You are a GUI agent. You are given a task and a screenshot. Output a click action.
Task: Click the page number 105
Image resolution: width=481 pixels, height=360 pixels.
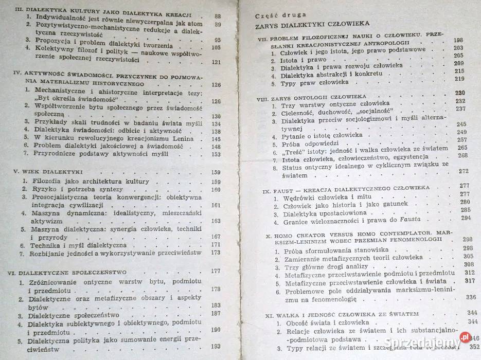pyautogui.click(x=216, y=48)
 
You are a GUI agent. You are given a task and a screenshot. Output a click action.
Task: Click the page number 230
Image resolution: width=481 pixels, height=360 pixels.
pyautogui.click(x=460, y=93)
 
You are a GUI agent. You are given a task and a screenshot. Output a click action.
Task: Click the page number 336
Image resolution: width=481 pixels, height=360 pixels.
pyautogui.click(x=470, y=297)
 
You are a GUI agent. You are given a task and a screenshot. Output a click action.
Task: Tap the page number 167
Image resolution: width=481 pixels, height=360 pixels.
pyautogui.click(x=216, y=237)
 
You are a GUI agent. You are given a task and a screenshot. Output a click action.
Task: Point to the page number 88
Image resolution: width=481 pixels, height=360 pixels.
pyautogui.click(x=217, y=16)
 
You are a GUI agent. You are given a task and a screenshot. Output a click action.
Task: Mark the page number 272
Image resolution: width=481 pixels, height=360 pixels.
pyautogui.click(x=465, y=171)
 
